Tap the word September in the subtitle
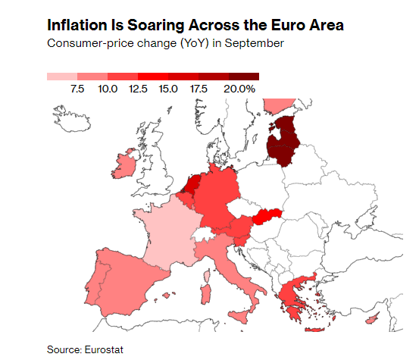[x=256, y=43]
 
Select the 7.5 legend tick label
[x=77, y=89]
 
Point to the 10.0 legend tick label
[x=108, y=89]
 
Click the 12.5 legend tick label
[x=138, y=89]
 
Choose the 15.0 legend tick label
[x=168, y=89]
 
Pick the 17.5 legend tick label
[x=199, y=89]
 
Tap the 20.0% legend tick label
[x=241, y=89]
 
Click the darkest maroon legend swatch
[x=244, y=77]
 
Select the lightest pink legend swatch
[x=62, y=77]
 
